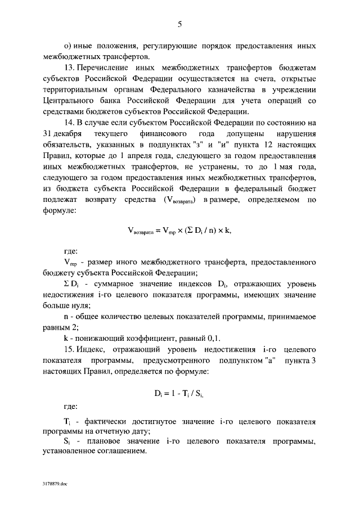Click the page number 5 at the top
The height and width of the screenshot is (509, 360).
tap(179, 24)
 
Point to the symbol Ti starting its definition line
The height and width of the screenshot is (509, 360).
tap(66, 421)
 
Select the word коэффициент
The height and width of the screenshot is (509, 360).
tap(144, 338)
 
